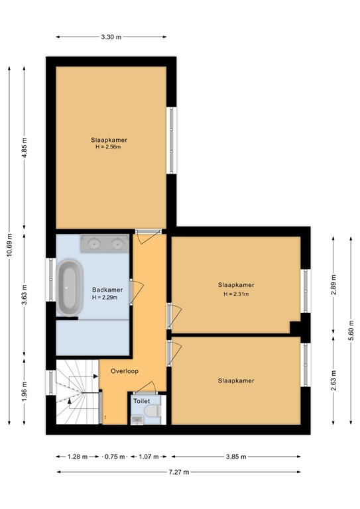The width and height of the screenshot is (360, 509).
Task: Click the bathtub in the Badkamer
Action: tap(70, 287)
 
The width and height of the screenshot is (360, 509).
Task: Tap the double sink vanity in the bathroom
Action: tap(105, 243)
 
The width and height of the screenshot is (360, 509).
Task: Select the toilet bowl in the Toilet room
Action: tap(153, 411)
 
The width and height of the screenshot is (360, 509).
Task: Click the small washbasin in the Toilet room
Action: tap(137, 420)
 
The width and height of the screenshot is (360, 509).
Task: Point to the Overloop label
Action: tap(125, 371)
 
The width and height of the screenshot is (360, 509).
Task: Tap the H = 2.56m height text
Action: tap(108, 146)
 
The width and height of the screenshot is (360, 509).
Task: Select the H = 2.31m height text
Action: tap(236, 294)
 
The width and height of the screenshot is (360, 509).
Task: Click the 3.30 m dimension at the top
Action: tap(111, 37)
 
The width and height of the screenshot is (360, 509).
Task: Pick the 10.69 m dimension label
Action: tap(9, 245)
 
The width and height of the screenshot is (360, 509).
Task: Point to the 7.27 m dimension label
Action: tap(178, 472)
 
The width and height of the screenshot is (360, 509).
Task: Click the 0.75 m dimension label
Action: tap(115, 457)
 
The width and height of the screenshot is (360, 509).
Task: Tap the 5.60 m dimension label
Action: tap(351, 331)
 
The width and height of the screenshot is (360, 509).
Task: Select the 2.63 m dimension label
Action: tap(333, 380)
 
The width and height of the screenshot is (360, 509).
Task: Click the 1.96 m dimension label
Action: tap(25, 392)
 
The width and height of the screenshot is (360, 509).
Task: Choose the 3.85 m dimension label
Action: tap(236, 457)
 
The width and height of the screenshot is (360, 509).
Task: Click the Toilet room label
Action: tap(142, 401)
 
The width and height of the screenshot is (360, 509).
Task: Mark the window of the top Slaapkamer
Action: tap(172, 141)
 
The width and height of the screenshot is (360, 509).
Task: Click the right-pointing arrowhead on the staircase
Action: tap(95, 376)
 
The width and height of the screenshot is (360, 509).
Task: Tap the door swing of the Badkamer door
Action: tap(138, 292)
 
